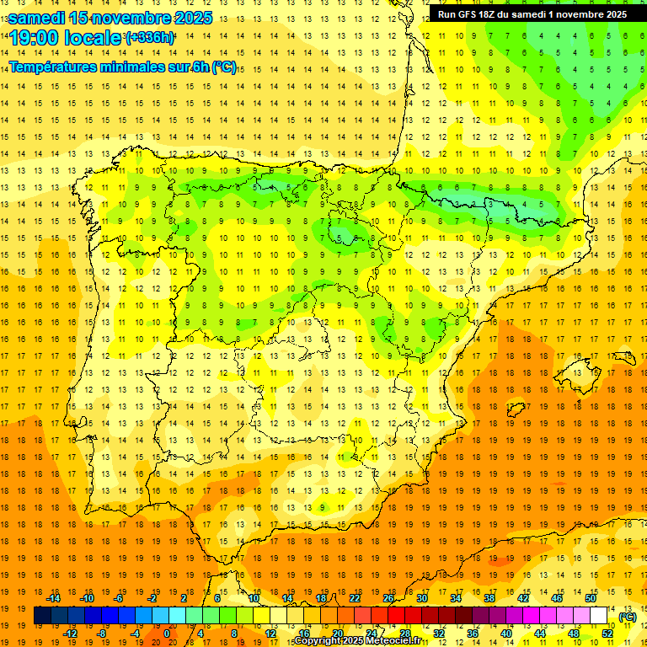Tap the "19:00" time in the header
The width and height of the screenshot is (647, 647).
coord(31,38)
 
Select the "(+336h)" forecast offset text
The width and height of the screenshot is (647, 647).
coord(150,38)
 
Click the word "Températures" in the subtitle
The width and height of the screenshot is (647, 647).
coord(56,67)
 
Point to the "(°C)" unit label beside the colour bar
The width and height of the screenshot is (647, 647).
coord(628,617)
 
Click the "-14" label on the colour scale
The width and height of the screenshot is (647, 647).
coord(54,598)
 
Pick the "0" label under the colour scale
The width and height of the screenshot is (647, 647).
coord(167,634)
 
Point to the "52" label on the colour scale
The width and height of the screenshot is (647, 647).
coord(607,634)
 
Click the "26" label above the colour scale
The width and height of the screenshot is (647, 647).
coord(388,598)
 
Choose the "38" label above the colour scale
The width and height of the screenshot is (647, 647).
coord(489,598)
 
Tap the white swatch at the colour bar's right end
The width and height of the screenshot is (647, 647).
coord(599,616)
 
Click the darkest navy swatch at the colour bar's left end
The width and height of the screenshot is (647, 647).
coord(42,616)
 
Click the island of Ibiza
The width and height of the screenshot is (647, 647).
coord(516,409)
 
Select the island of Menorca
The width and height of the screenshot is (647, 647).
coord(628,352)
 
